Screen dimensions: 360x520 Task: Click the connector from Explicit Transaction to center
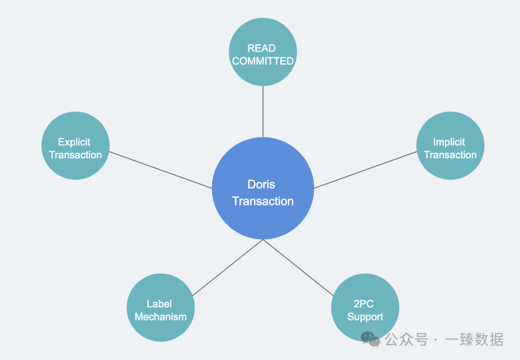160,170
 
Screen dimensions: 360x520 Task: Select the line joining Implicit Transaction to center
365,169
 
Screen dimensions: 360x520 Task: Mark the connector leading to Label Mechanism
227,268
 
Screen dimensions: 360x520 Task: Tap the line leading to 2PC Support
298,268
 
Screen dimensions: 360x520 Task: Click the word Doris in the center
261,184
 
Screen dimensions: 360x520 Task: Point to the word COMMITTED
263,61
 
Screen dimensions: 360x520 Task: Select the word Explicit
74,142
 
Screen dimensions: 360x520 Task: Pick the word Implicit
449,142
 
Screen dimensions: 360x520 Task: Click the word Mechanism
160,317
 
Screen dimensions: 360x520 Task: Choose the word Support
365,317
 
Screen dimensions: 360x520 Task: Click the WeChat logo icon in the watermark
371,340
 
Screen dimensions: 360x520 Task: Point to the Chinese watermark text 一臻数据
474,340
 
